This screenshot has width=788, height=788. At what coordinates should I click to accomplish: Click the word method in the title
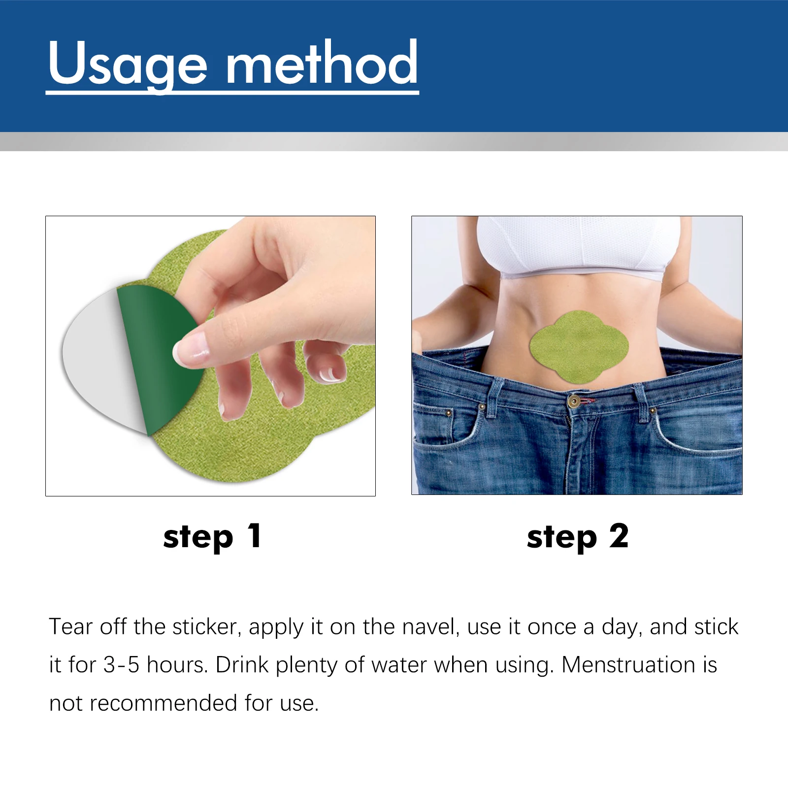click(x=322, y=64)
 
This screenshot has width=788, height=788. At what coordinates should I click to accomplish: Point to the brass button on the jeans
click(x=573, y=401)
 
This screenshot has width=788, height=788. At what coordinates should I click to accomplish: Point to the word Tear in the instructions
click(x=71, y=627)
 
